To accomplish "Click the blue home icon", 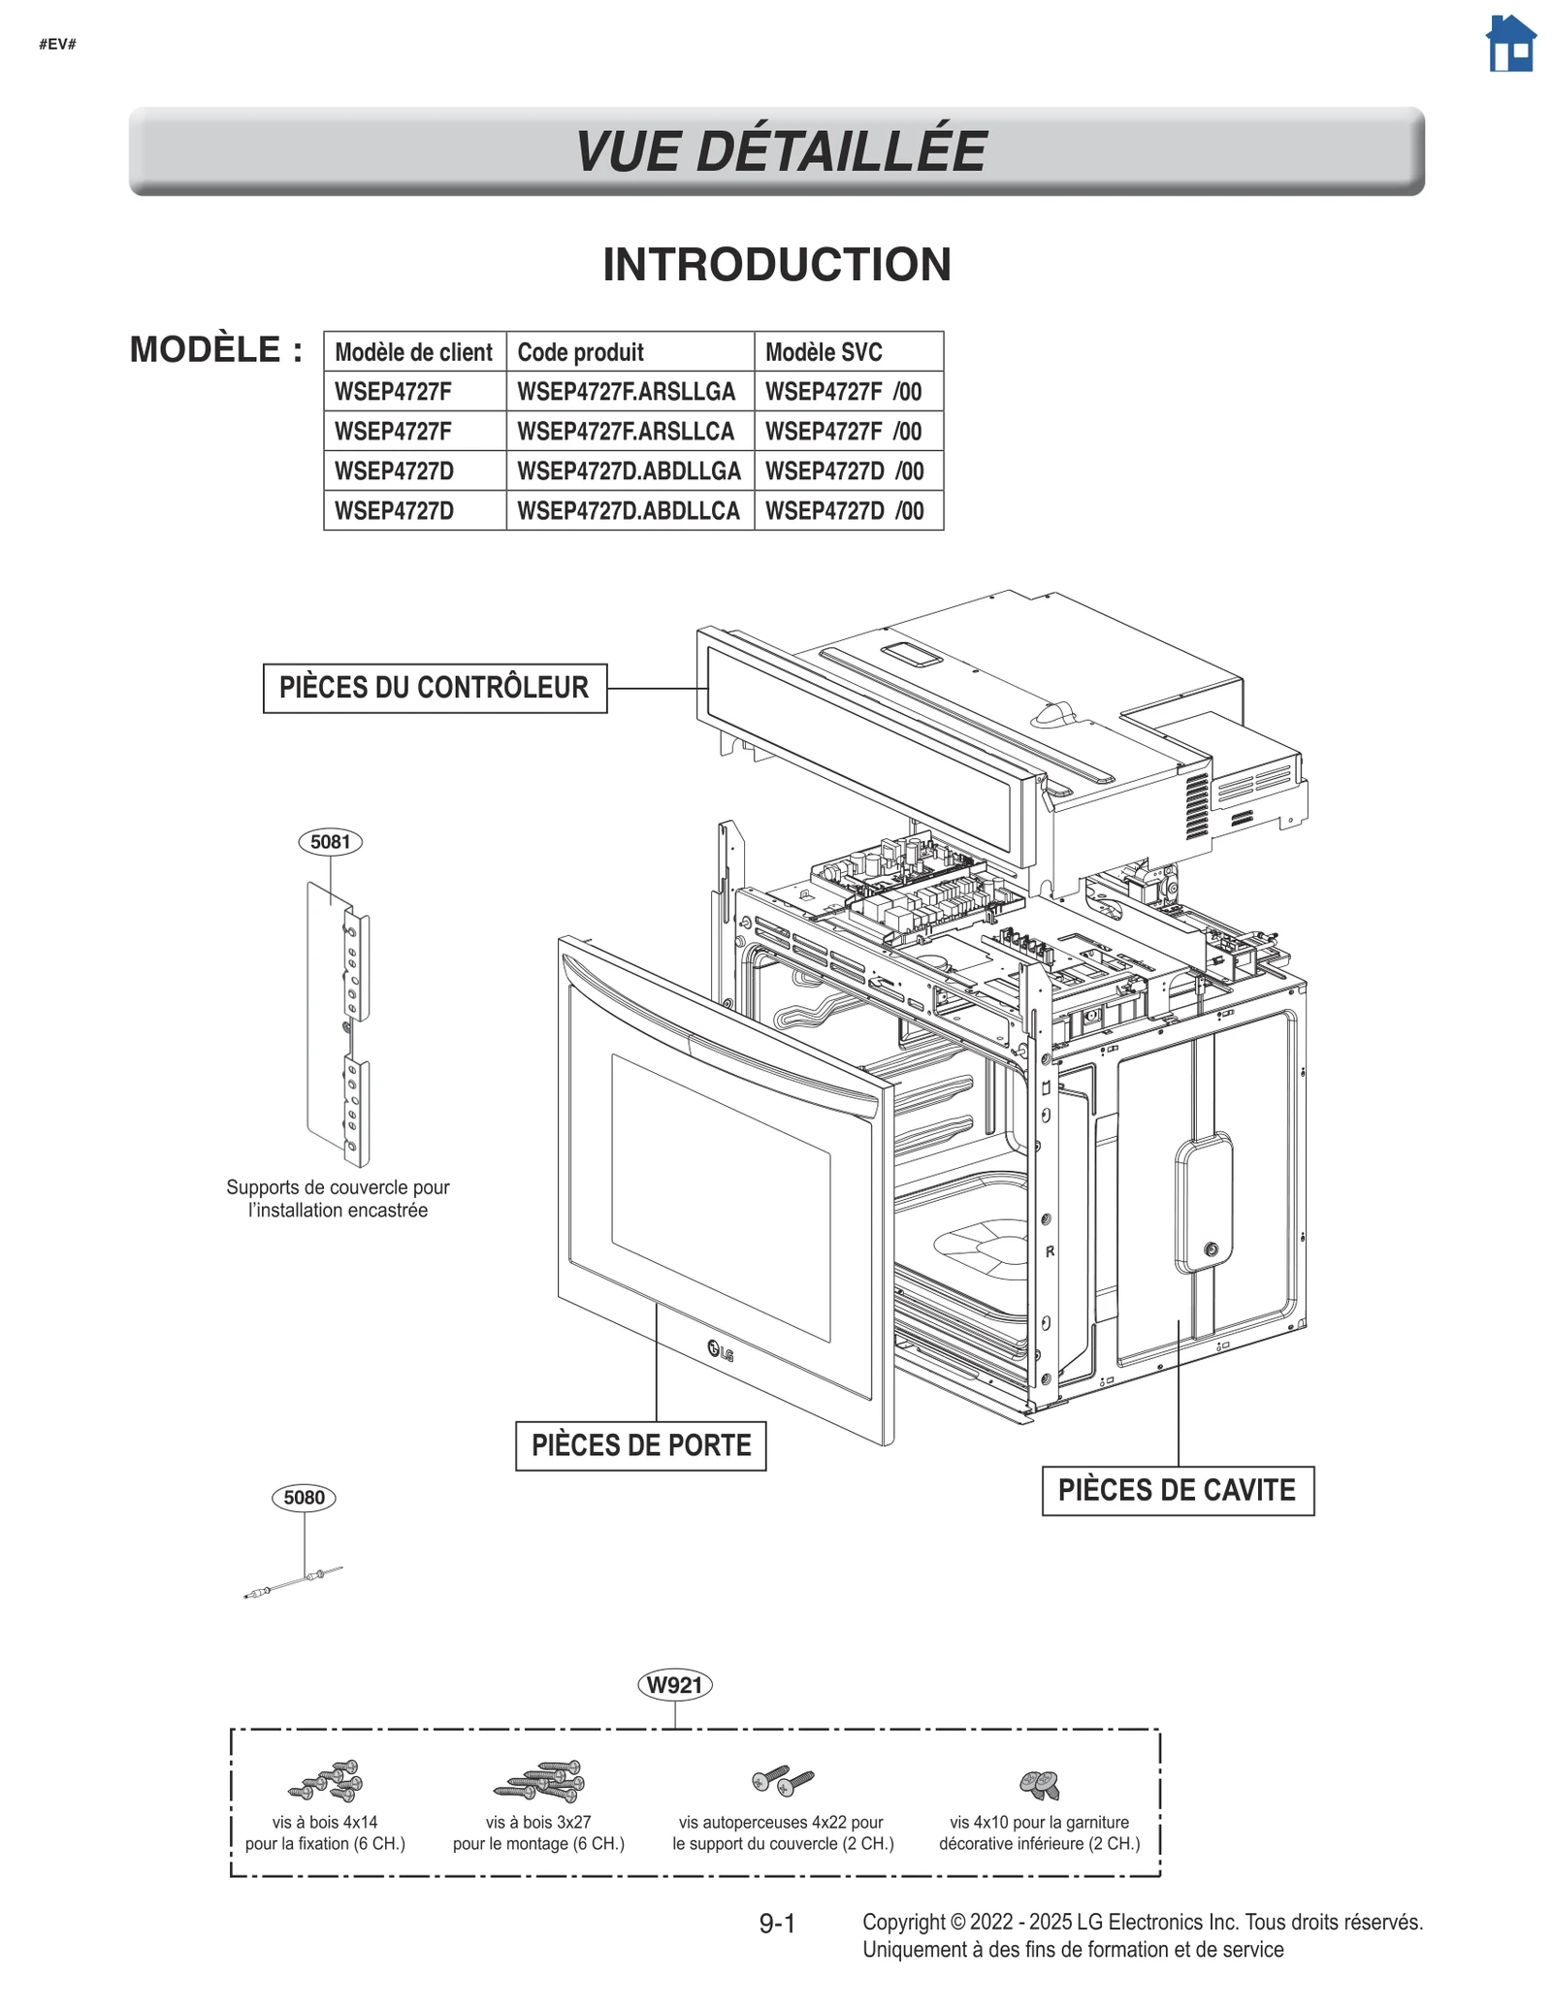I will click(1510, 45).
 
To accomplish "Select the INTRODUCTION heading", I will click(776, 265).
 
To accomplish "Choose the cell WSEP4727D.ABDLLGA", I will click(630, 471).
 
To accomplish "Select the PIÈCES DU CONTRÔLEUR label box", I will click(435, 688).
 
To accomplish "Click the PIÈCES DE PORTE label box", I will click(640, 1445).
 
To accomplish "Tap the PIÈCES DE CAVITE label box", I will click(1177, 1490).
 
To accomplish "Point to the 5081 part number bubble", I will click(330, 842).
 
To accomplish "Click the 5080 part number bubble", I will click(304, 1498).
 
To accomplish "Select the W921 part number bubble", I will click(674, 1685).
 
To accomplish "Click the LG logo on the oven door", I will click(720, 1350).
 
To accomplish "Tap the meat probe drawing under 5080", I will click(292, 1582).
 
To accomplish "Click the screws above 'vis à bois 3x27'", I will click(540, 1781).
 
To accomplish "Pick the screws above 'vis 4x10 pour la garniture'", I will click(1039, 1783).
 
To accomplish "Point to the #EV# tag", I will click(57, 45).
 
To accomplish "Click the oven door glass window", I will click(720, 1198).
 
